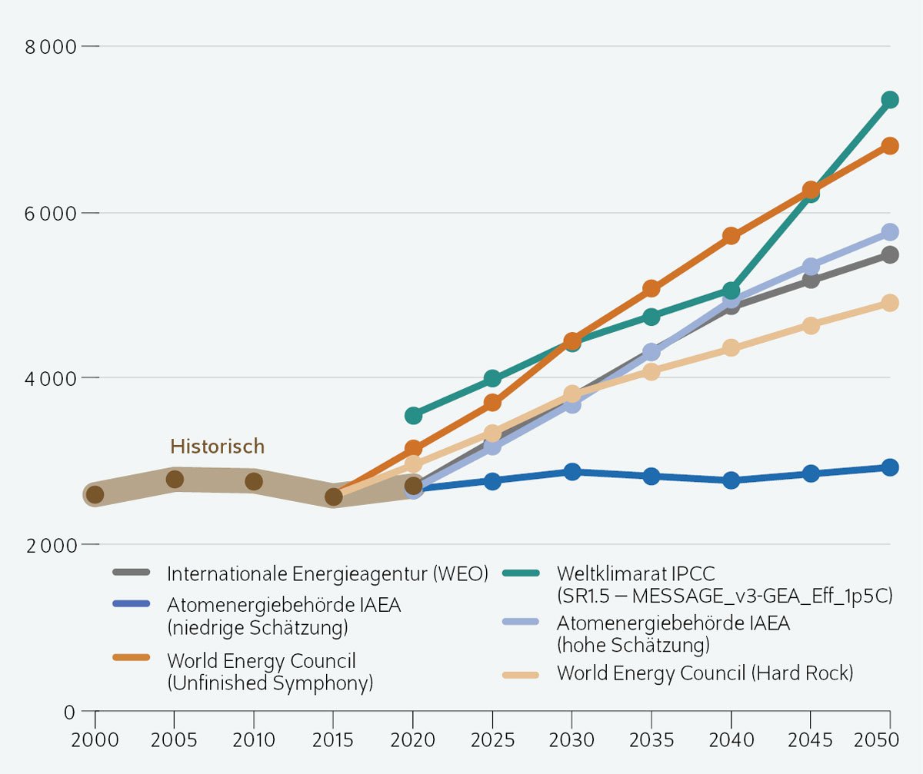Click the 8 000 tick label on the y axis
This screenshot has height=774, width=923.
coord(50,47)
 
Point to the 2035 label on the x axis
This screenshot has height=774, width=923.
coord(651,741)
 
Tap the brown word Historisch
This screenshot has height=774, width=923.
coord(217,447)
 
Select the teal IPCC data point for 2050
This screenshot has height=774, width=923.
coord(890,100)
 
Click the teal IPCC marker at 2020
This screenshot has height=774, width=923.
coord(413,416)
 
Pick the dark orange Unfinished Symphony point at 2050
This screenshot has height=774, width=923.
coord(890,146)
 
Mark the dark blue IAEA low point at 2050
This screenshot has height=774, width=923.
coord(890,467)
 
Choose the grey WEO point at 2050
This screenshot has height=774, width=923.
coord(890,255)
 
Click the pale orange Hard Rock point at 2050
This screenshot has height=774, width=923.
coord(890,303)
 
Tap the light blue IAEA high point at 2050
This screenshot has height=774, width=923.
coord(890,232)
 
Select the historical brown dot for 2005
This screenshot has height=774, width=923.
coord(175,480)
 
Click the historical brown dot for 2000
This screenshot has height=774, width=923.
coord(95,494)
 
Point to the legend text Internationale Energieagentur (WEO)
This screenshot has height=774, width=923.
coord(328,573)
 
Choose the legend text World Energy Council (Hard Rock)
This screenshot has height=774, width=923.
coord(705,674)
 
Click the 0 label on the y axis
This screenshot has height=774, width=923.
coord(68,712)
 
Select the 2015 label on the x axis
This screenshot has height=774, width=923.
coord(333,741)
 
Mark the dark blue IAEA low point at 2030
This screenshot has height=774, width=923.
coord(571,472)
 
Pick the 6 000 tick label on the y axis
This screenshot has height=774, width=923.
coord(50,213)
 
